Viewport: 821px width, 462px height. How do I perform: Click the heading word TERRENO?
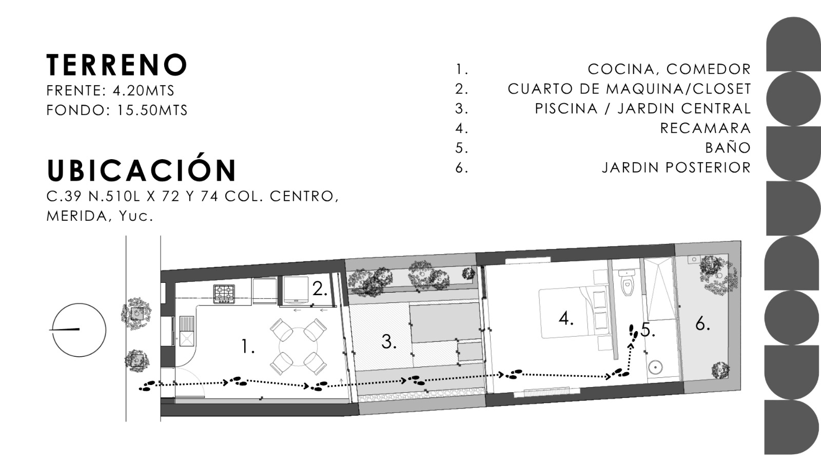click(117, 65)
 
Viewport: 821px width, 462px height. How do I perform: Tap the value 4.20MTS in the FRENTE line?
click(143, 90)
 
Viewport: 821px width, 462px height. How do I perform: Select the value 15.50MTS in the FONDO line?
click(152, 110)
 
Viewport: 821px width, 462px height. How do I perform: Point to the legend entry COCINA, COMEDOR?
click(669, 69)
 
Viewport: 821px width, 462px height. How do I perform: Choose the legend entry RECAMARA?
click(706, 128)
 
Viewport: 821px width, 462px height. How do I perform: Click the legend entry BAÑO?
click(728, 147)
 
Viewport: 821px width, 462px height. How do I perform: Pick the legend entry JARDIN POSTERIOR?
click(677, 167)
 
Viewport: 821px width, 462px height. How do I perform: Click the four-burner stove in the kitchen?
click(224, 294)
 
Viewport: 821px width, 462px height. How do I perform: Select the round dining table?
click(298, 346)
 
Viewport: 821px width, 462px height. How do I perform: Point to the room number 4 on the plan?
click(565, 318)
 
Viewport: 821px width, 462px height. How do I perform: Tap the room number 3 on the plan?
click(389, 342)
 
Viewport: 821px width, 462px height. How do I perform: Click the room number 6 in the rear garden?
click(702, 324)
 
